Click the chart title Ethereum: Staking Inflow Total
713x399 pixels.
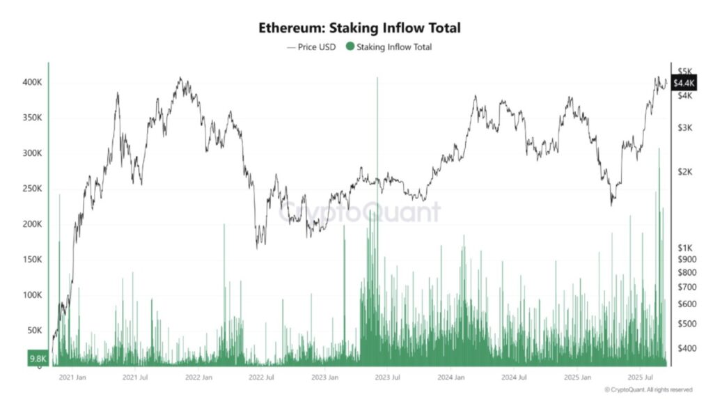[359, 28]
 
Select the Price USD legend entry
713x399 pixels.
[311, 47]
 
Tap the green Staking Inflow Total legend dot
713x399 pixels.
[350, 47]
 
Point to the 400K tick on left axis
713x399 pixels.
[32, 82]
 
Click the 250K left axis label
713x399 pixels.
[32, 189]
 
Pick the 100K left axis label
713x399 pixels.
[32, 295]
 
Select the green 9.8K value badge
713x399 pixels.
[37, 359]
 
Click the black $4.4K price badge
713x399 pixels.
[682, 83]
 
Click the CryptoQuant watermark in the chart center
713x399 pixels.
[360, 212]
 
